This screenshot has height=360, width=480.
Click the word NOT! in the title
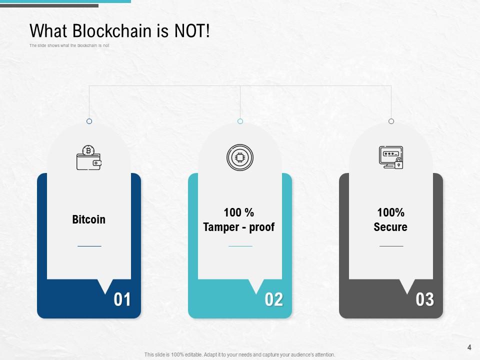[x=192, y=31]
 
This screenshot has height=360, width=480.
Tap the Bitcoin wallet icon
[x=89, y=157]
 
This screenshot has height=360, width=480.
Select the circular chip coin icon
[x=240, y=157]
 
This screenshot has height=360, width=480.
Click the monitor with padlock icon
[x=391, y=157]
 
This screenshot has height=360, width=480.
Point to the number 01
[x=122, y=299]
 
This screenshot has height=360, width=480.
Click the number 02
[x=273, y=299]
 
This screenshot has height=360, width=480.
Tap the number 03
[x=424, y=299]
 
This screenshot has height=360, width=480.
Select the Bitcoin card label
[x=89, y=219]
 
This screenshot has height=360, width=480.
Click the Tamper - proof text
[x=239, y=227]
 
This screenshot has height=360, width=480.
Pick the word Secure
[x=390, y=227]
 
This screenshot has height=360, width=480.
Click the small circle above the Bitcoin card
[x=89, y=121]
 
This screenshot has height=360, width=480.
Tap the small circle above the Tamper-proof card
[x=240, y=121]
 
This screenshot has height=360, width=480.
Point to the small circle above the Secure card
[x=391, y=121]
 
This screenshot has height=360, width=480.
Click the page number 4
[x=469, y=347]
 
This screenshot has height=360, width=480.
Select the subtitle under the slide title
[x=69, y=45]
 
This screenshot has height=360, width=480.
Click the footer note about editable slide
[x=239, y=354]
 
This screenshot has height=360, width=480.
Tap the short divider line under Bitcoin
[x=89, y=246]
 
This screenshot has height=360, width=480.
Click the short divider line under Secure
[x=391, y=246]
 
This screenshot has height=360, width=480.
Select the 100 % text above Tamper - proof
[x=239, y=212]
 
